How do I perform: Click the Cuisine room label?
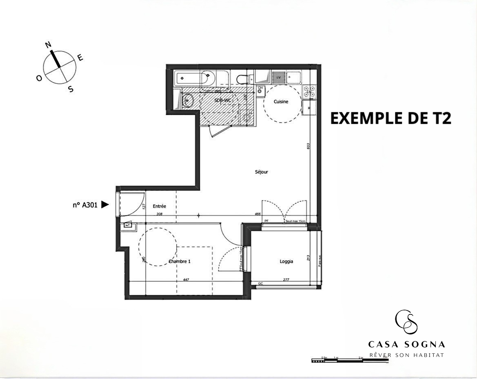[281, 102]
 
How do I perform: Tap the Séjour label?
[261, 172]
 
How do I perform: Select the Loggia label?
[286, 261]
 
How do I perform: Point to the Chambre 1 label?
[180, 261]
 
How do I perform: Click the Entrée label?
[160, 206]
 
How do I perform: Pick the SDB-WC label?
[223, 100]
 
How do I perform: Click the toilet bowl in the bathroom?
[243, 78]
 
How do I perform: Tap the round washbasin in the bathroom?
[188, 100]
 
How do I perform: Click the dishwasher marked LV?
[280, 76]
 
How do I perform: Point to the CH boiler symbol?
[260, 88]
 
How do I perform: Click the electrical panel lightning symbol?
[128, 224]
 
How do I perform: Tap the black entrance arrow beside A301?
[105, 205]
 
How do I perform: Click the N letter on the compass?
[48, 45]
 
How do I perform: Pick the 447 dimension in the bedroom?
[186, 280]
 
